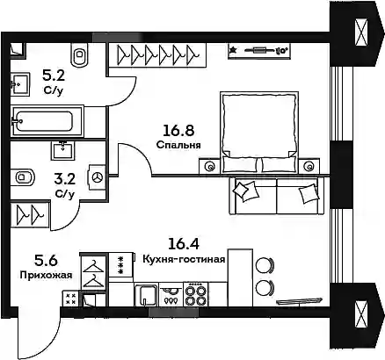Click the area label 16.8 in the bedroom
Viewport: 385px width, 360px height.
[178, 131]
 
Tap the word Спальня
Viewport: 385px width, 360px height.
[178, 145]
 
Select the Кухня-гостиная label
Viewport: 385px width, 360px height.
[184, 259]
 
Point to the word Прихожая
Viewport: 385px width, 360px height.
[46, 275]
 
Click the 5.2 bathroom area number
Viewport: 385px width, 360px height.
[54, 76]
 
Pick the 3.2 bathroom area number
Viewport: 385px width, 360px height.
[65, 179]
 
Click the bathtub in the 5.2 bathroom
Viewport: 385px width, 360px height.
[47, 121]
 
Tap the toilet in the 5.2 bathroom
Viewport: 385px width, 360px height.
[79, 54]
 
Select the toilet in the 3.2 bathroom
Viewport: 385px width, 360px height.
[22, 177]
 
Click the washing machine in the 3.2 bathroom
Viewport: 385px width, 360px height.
[97, 177]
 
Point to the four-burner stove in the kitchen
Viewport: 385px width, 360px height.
[196, 294]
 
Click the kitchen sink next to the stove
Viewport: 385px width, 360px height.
[146, 294]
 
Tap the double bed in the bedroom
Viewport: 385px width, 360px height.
[259, 133]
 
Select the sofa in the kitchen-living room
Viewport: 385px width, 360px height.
[277, 196]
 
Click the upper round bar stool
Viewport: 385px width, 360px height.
[265, 265]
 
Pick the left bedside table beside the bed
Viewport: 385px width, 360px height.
[209, 167]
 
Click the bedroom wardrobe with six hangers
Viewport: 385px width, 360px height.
[157, 55]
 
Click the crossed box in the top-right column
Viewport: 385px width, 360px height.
[360, 32]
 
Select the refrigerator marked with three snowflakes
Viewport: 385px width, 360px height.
[121, 265]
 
